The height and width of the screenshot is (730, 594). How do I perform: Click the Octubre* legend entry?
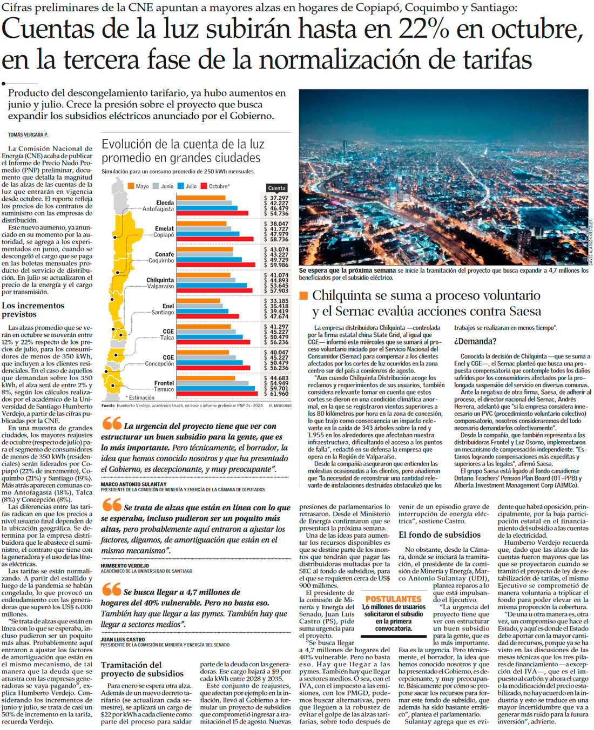coord(215,186)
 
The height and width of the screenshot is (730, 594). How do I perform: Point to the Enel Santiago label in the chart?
coord(162,309)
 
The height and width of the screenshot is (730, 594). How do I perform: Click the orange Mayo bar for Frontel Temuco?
coord(205,378)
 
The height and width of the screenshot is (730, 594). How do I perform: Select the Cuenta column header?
coord(276,188)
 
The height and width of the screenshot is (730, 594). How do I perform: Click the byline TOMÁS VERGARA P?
coord(28,134)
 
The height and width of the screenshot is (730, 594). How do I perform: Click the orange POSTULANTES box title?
coord(393,599)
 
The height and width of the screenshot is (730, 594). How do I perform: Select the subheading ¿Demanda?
coord(475,341)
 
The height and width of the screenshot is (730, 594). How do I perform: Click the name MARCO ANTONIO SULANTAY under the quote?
coord(133,484)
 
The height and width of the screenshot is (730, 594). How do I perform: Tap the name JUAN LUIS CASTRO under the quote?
coord(123,639)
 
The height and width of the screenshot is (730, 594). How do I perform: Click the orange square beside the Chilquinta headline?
coord(303,295)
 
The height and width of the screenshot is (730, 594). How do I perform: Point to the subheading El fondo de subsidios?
coord(439,535)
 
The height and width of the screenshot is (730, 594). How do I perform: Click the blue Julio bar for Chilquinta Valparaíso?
coord(212,285)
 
